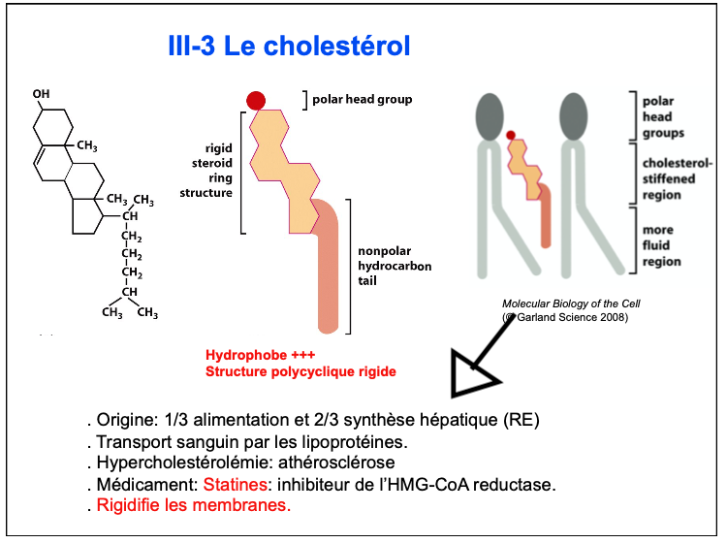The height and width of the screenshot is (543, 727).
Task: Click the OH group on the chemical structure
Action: pos(40,94)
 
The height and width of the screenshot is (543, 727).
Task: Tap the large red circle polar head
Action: pos(256,100)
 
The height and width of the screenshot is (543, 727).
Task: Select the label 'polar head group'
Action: pos(362,99)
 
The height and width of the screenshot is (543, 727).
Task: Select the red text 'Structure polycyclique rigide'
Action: pos(300,370)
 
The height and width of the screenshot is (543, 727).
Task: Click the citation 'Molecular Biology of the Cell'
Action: pos(571,303)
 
